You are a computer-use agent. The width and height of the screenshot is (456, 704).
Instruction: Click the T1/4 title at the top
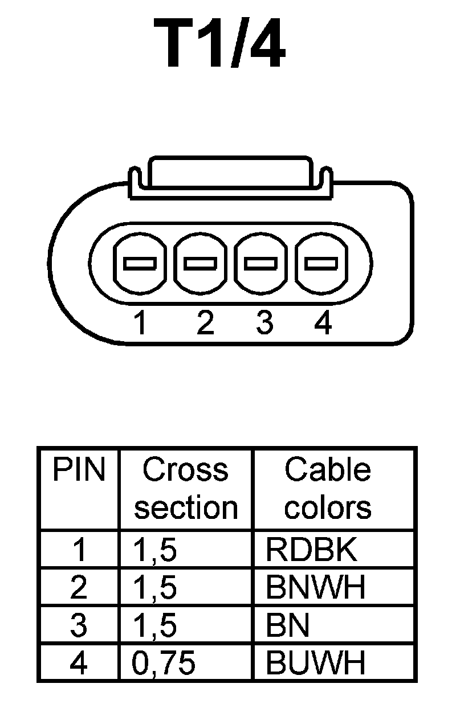219,44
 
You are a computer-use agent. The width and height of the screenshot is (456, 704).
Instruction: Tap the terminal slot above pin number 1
140,263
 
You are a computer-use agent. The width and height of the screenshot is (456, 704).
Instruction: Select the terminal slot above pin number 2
200,263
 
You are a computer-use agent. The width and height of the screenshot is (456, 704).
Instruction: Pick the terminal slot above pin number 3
261,263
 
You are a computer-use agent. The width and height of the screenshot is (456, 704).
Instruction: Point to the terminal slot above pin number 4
321,263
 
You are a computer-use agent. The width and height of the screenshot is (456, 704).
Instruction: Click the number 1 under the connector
140,323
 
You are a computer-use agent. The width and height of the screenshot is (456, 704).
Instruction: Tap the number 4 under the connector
323,323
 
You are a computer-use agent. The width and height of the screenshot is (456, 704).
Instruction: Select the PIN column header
79,470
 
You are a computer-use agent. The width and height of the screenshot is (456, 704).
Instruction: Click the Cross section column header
185,489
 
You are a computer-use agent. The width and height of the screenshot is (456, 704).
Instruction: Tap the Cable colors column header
328,489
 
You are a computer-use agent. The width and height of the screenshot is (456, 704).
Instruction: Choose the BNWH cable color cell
315,588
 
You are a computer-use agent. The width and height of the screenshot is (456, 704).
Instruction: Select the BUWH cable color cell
315,662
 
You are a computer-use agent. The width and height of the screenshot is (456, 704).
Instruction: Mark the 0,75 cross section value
164,662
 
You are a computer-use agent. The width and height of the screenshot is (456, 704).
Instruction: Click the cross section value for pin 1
155,550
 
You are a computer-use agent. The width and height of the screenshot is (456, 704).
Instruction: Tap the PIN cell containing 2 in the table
79,588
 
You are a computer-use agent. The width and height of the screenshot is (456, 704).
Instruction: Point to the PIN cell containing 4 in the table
79,662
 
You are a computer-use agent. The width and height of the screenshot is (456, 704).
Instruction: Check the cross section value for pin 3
155,625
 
